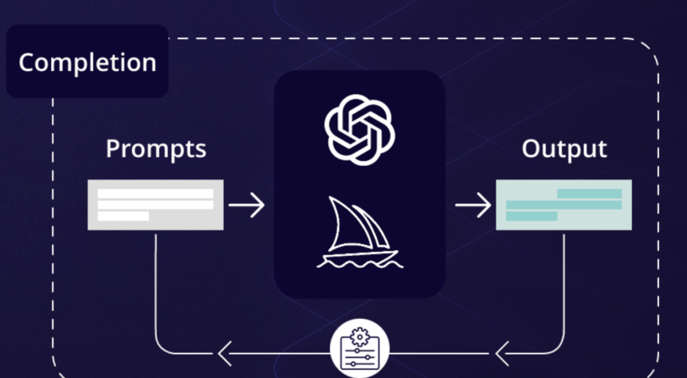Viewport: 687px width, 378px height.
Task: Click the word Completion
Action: click(x=87, y=63)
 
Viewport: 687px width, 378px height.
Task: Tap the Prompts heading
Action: click(x=155, y=149)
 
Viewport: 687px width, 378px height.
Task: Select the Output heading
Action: click(x=564, y=149)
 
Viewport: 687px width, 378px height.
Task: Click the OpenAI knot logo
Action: click(x=359, y=130)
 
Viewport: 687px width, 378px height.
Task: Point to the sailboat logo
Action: click(x=359, y=233)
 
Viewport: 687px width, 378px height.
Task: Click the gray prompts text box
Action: click(x=155, y=205)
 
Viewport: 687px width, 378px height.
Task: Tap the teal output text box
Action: click(x=563, y=205)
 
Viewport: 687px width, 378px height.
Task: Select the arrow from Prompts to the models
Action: click(x=246, y=205)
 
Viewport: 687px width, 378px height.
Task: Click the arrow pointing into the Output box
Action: click(x=473, y=205)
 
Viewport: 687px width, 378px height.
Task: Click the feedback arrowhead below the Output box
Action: click(x=503, y=354)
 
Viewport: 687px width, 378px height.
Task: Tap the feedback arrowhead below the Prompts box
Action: click(x=224, y=354)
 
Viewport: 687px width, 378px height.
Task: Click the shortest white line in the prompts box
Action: click(x=123, y=216)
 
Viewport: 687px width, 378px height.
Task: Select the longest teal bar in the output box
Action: click(x=563, y=205)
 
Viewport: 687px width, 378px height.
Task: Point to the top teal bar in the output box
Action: click(x=589, y=193)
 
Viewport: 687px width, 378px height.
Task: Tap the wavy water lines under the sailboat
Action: click(x=359, y=263)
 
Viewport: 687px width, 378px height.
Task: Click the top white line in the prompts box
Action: click(x=155, y=193)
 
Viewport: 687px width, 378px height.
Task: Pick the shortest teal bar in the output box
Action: click(x=532, y=216)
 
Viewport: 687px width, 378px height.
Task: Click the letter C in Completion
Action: click(x=27, y=63)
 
